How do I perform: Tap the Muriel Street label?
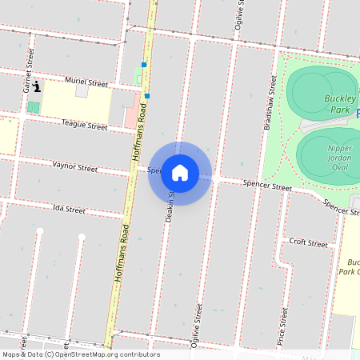pyautogui.click(x=86, y=82)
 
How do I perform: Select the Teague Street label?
pyautogui.click(x=85, y=126)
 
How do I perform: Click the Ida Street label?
pyautogui.click(x=68, y=210)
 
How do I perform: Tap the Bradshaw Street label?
pyautogui.click(x=270, y=102)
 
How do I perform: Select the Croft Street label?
pyautogui.click(x=308, y=242)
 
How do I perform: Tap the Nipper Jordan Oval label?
pyautogui.click(x=340, y=153)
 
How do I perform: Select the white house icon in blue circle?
pyautogui.click(x=180, y=173)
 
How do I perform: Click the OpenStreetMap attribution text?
pyautogui.click(x=81, y=354)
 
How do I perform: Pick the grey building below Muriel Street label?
pyautogui.click(x=81, y=92)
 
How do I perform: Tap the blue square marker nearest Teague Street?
pyautogui.click(x=147, y=96)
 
